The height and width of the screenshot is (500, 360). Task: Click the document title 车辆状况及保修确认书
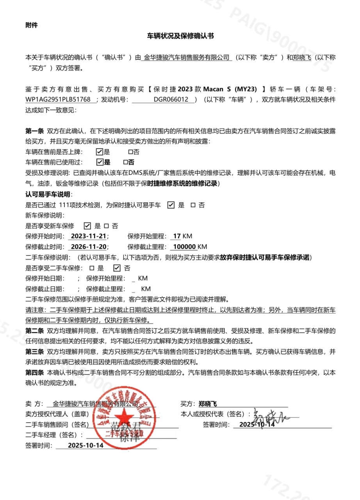[180, 36]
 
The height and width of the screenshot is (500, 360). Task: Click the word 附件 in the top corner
[32, 25]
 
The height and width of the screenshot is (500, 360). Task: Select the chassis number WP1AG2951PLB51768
[58, 100]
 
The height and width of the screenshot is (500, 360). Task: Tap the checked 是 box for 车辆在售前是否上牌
[99, 152]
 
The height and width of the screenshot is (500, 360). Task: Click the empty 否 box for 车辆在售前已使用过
[125, 162]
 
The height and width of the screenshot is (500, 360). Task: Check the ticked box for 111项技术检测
[171, 205]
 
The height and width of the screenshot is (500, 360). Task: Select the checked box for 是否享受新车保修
[87, 226]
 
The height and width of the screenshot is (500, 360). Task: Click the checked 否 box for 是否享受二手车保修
[116, 268]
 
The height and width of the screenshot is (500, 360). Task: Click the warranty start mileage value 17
[177, 236]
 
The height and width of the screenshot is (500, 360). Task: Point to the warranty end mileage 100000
[184, 247]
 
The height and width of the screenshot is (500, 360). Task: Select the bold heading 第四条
[34, 373]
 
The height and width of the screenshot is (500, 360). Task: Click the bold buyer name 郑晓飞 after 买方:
[208, 404]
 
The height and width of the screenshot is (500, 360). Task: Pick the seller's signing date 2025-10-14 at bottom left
[86, 445]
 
